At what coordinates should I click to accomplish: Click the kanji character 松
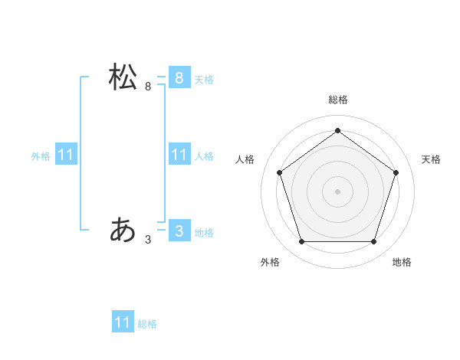(x=123, y=77)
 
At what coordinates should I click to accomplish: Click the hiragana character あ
(x=123, y=229)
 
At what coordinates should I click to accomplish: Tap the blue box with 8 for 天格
(x=179, y=78)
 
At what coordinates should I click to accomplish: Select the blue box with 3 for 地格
(x=179, y=231)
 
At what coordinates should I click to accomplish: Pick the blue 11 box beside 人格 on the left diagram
(x=179, y=155)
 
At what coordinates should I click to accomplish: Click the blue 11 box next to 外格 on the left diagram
(x=65, y=155)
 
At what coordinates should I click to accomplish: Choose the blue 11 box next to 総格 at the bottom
(x=123, y=322)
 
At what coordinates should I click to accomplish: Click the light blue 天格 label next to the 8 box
(x=204, y=80)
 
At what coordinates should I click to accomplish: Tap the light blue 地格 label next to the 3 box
(x=204, y=233)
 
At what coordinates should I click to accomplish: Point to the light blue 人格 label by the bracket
(x=204, y=156)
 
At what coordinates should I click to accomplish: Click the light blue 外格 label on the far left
(x=41, y=156)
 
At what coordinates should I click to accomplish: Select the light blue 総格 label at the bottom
(x=147, y=324)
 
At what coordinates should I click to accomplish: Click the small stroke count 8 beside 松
(x=148, y=87)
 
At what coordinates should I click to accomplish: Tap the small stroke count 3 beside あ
(x=148, y=240)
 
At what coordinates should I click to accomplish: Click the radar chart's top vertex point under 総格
(x=337, y=131)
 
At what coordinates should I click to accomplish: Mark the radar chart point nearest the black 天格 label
(x=396, y=172)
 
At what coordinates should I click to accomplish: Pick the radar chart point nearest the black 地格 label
(x=373, y=242)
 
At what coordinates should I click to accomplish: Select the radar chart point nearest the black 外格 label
(x=301, y=242)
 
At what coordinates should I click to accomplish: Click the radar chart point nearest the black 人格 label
(x=279, y=172)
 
